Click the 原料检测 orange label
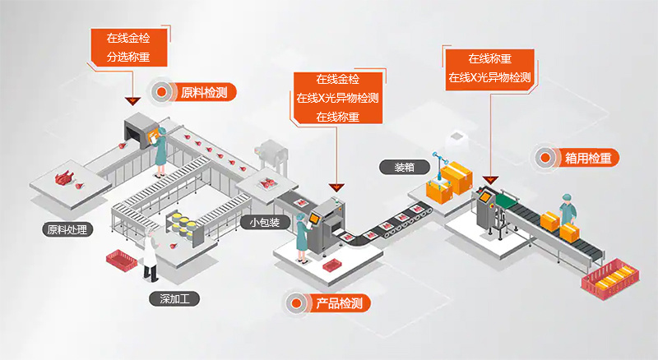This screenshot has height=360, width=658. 209,92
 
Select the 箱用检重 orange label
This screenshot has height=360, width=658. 587,157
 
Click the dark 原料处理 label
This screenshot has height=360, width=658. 67,229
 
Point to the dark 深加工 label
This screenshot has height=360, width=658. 174,299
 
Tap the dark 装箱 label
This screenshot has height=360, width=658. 404,167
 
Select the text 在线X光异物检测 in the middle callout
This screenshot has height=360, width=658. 338,98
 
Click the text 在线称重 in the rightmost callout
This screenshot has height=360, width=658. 490,59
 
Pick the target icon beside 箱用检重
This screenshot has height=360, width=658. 545,157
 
